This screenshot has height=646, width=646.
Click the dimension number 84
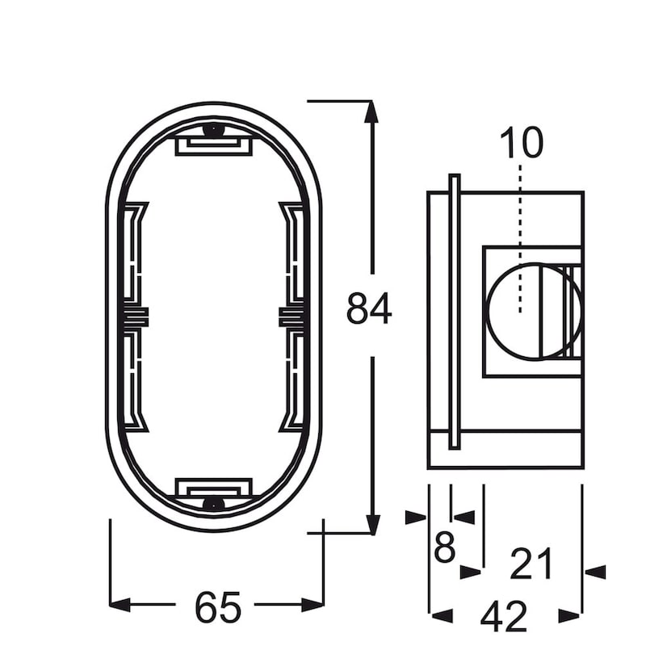pyautogui.click(x=369, y=308)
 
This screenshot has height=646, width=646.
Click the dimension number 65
pyautogui.click(x=217, y=607)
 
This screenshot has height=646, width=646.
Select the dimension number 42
pyautogui.click(x=504, y=616)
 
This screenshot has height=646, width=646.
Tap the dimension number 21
pyautogui.click(x=531, y=564)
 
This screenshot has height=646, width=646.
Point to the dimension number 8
pyautogui.click(x=445, y=547)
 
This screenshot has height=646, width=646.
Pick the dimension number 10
pyautogui.click(x=522, y=143)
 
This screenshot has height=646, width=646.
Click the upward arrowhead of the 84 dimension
pyautogui.click(x=371, y=111)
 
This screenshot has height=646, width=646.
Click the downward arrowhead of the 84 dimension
pyautogui.click(x=373, y=524)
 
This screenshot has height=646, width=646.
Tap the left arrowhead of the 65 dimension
pyautogui.click(x=120, y=605)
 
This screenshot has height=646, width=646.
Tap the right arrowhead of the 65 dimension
pyautogui.click(x=313, y=605)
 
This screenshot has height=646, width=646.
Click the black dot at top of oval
pyautogui.click(x=213, y=130)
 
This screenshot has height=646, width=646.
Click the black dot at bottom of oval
pyautogui.click(x=213, y=503)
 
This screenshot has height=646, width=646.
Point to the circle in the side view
pyautogui.click(x=534, y=312)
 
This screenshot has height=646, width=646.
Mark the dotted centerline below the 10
pyautogui.click(x=520, y=238)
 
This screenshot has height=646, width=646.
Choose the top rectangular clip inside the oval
pyautogui.click(x=214, y=146)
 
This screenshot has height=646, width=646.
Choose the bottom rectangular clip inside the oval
pyautogui.click(x=214, y=488)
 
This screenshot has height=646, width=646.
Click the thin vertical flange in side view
pyautogui.click(x=454, y=312)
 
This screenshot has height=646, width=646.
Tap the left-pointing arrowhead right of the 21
pyautogui.click(x=595, y=573)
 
